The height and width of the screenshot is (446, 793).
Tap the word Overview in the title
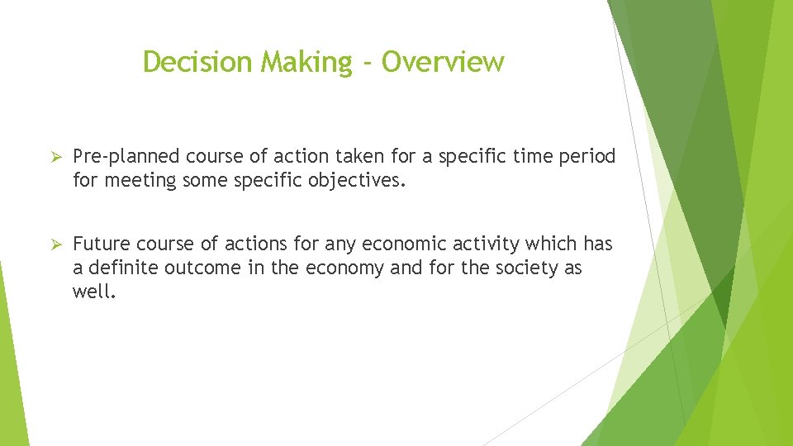click(443, 62)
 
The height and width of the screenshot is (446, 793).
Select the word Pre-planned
click(126, 157)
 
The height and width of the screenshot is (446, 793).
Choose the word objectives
click(361, 179)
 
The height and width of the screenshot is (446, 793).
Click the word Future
click(102, 244)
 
